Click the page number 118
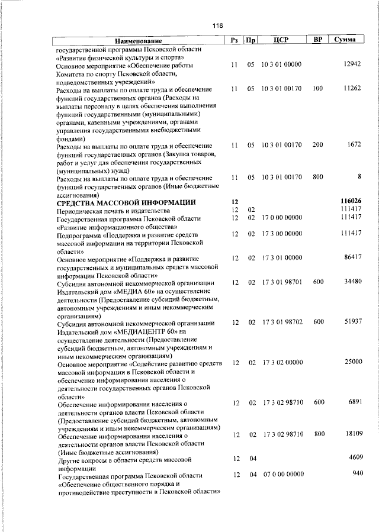point(218,25)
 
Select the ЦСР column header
point(281,40)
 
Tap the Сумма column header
point(344,40)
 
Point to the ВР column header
point(317,40)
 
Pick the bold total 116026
point(350,202)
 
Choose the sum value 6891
point(353,402)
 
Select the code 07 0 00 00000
point(281,475)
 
